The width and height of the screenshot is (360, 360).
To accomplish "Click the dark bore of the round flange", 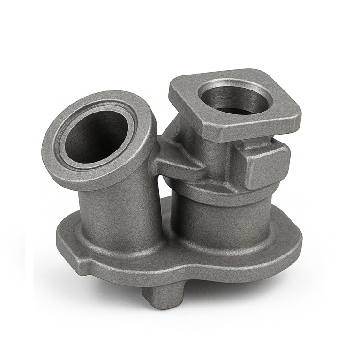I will tap(96, 136).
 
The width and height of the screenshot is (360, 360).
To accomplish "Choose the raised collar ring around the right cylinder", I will tap(220, 190).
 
